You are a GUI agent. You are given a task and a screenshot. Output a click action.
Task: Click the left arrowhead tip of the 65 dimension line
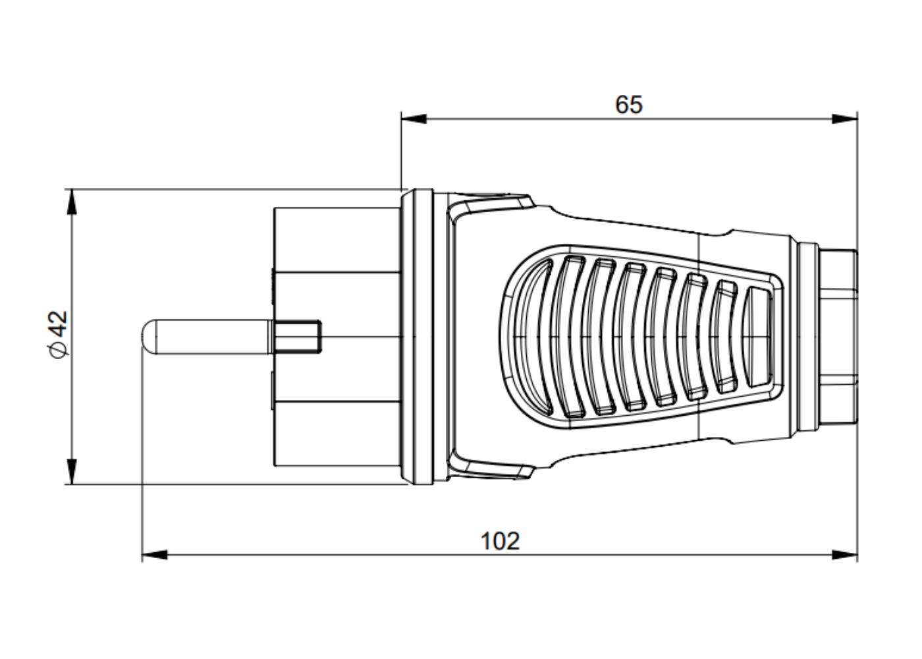point(402,119)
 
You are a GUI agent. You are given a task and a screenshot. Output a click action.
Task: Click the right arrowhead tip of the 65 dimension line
point(857,119)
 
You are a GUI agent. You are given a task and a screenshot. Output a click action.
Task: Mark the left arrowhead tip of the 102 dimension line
point(142,555)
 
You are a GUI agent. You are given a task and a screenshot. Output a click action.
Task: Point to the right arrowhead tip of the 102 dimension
point(857,555)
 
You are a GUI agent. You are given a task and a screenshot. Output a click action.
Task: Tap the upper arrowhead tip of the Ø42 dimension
point(72,189)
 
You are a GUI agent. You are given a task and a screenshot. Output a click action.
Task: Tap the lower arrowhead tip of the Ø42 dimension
point(72,484)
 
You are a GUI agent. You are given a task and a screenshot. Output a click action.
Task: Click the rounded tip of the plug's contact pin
point(142,337)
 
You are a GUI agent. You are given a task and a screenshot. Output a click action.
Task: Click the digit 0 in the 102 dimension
point(500,541)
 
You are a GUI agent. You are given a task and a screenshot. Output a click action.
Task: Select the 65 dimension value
point(629,105)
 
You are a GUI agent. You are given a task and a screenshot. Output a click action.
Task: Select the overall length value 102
point(500,541)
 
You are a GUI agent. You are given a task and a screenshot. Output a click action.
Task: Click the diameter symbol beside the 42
point(59,350)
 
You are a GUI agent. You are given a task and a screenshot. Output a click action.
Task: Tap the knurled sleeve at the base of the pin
point(298,337)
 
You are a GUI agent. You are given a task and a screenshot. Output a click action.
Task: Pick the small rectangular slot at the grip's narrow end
point(758,337)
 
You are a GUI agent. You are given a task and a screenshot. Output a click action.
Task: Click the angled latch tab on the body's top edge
point(492,205)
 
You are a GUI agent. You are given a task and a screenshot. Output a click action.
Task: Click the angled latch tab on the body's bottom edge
point(492,469)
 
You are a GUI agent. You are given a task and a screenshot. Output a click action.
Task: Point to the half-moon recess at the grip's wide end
point(534,337)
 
